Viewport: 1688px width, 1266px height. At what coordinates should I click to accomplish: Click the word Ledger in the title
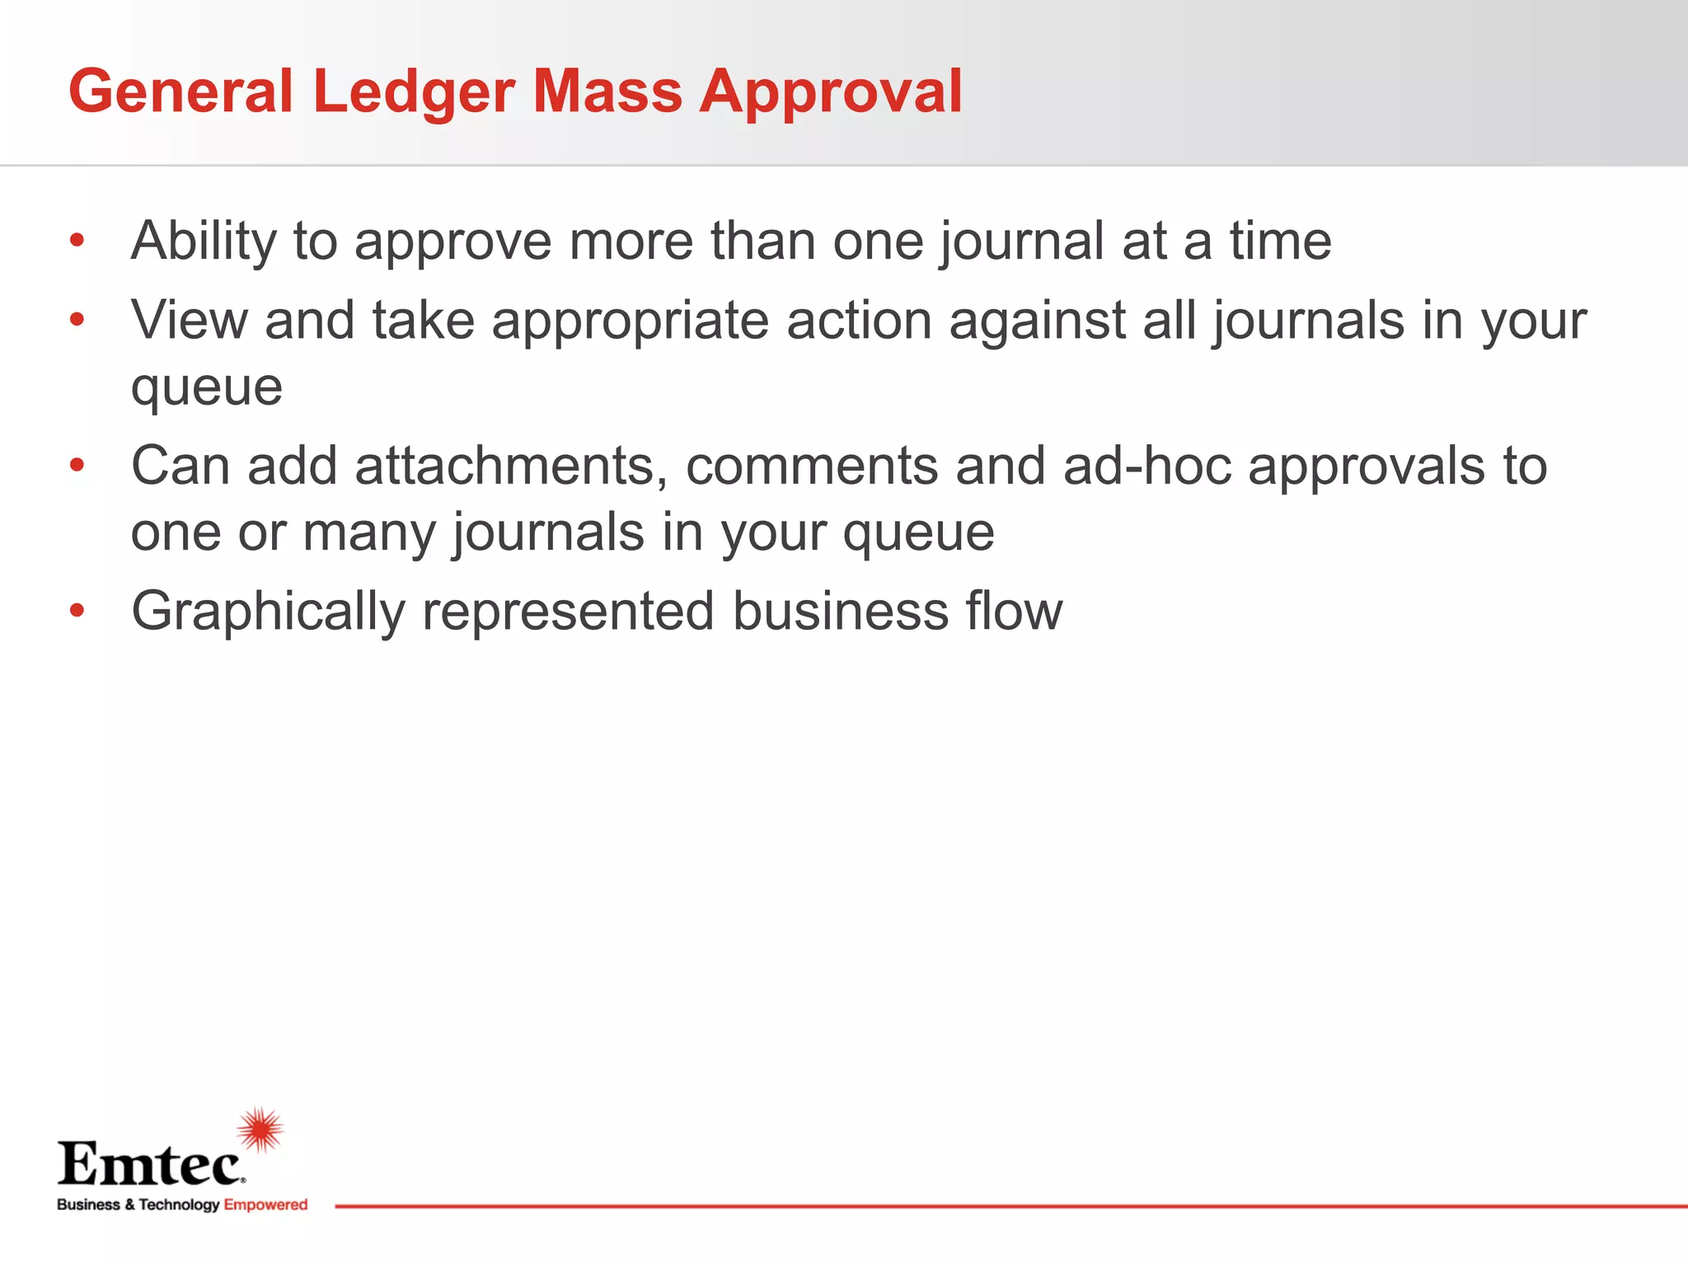(414, 91)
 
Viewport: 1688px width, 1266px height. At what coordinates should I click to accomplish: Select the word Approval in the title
(831, 91)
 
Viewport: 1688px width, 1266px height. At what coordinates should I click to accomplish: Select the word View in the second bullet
(189, 320)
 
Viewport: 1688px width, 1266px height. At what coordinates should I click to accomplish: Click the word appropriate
(630, 321)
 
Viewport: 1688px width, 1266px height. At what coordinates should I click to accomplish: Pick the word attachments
(510, 467)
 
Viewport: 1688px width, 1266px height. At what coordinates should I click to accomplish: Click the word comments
(812, 467)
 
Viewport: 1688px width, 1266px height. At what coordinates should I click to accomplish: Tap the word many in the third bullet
(368, 533)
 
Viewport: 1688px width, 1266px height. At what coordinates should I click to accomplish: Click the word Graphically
(268, 612)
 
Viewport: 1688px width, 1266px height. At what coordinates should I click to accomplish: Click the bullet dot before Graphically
(77, 611)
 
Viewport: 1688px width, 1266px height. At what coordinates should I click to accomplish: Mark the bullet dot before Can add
(77, 466)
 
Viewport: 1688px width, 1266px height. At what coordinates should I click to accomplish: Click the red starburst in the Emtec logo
(260, 1129)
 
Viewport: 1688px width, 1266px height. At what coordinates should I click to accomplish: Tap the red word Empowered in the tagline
(265, 1205)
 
